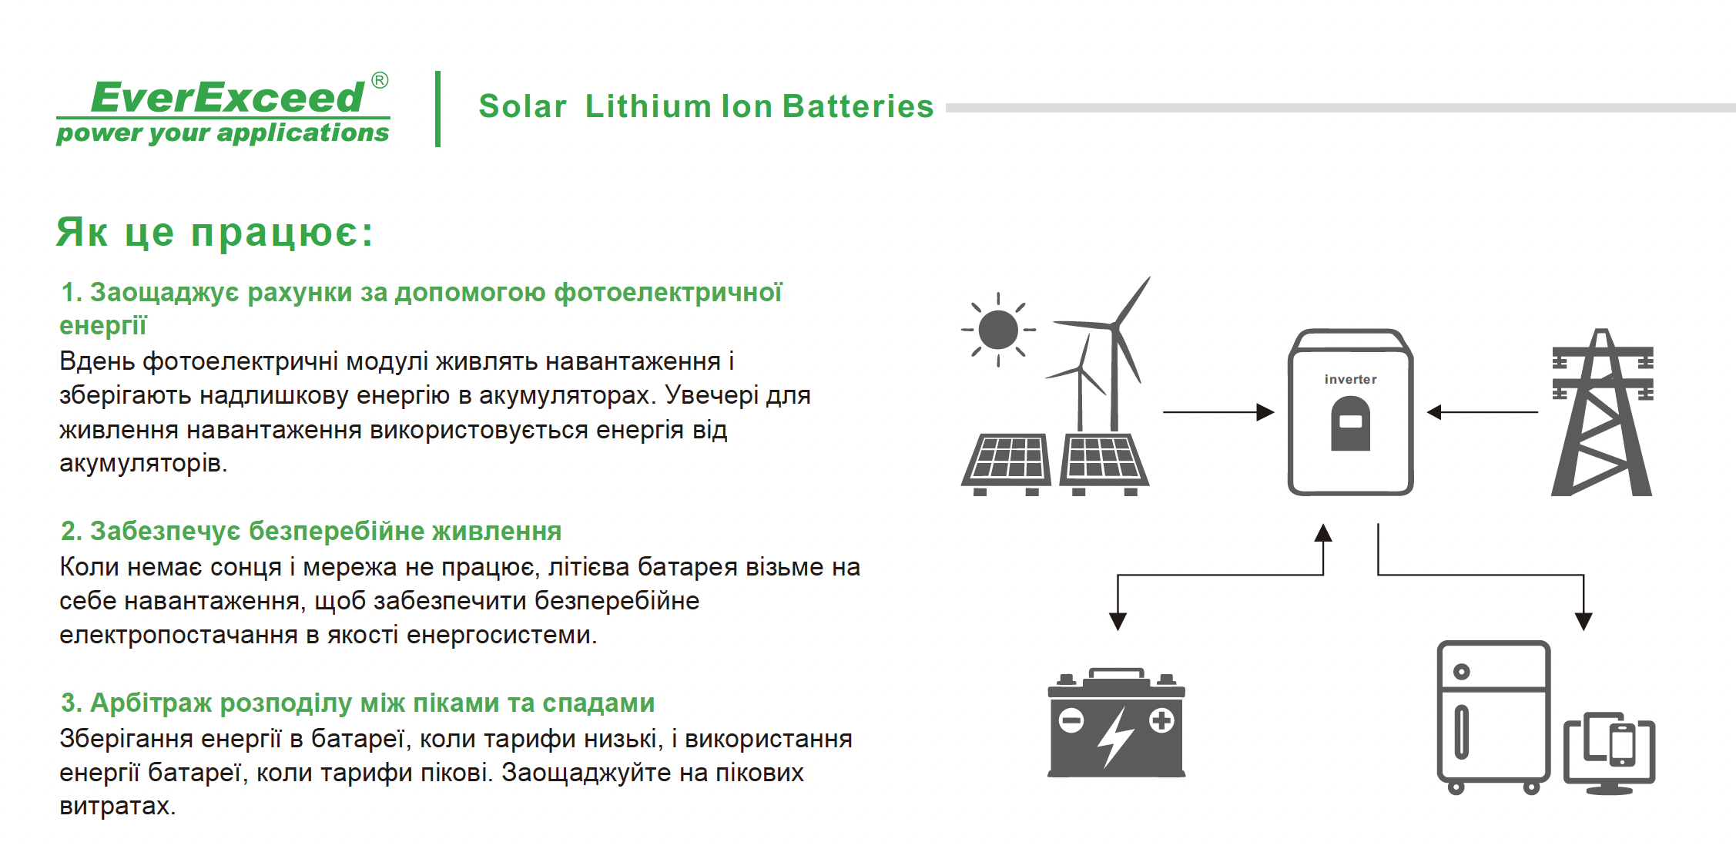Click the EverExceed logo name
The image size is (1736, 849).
pos(227,97)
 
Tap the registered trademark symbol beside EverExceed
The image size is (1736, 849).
pos(380,80)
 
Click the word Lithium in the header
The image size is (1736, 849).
pos(648,106)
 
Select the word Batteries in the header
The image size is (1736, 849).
pos(857,106)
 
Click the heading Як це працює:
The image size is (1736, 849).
pos(215,232)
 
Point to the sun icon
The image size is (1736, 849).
pos(998,330)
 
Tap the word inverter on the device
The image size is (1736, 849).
pos(1350,379)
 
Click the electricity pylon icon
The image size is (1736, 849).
pos(1602,412)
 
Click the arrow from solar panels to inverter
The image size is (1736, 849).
pos(1218,412)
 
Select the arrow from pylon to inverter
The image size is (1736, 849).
pos(1483,412)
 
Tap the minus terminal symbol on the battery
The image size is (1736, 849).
pos(1071,721)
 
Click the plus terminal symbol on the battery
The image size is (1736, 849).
pos(1161,721)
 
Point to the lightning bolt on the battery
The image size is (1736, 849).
pos(1115,737)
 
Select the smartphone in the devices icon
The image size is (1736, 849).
pos(1623,744)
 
